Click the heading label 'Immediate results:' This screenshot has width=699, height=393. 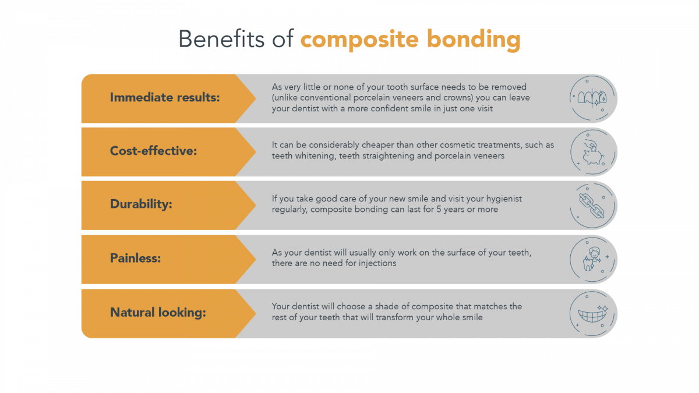click(x=165, y=97)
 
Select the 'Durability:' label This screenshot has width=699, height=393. click(x=142, y=205)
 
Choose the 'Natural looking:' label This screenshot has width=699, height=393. click(x=158, y=313)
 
